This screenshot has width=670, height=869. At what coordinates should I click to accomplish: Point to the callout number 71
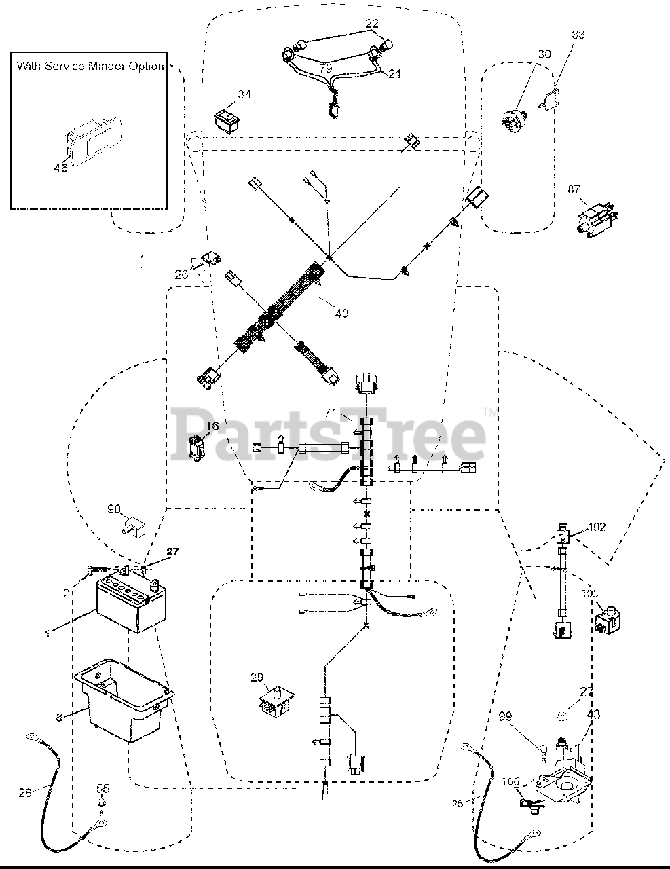[331, 413]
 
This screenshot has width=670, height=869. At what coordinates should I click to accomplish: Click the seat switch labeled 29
[275, 702]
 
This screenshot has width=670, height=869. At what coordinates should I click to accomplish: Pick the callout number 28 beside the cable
[25, 792]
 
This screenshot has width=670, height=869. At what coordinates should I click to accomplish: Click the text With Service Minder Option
[90, 67]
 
